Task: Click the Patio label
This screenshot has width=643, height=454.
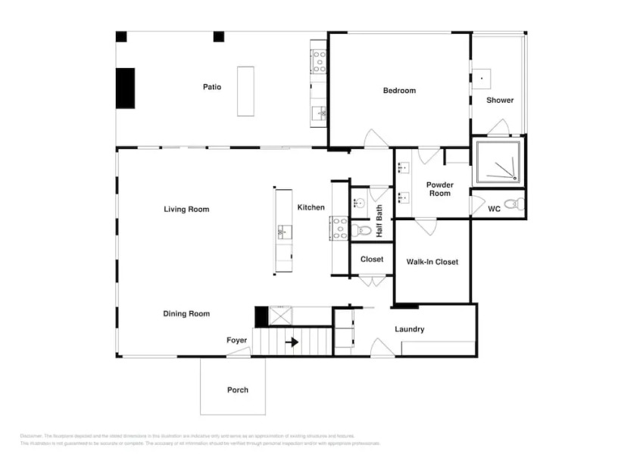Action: (x=212, y=87)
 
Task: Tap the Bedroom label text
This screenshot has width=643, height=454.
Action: (x=399, y=91)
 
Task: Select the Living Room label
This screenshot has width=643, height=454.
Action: (x=186, y=210)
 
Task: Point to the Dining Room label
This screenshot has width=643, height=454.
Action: (x=186, y=313)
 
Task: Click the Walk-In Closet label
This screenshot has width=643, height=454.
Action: (x=432, y=262)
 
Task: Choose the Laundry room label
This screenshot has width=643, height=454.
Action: (x=409, y=329)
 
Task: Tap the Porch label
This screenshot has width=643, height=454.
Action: (x=237, y=390)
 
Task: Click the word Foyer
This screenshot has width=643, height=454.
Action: (x=236, y=340)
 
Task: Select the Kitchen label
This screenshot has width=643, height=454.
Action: (x=311, y=207)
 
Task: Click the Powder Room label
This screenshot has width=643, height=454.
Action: (x=439, y=188)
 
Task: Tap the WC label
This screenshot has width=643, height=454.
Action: (x=494, y=208)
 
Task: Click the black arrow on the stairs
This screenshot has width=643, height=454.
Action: (x=292, y=342)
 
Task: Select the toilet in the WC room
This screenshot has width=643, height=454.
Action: (x=515, y=204)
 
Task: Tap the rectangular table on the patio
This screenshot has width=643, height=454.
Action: (x=245, y=91)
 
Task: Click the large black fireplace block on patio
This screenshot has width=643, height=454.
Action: (x=125, y=88)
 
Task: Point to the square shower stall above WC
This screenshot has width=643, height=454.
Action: (x=497, y=162)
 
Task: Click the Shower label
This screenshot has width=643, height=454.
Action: (x=500, y=100)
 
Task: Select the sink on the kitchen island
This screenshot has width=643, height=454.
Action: (x=284, y=232)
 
